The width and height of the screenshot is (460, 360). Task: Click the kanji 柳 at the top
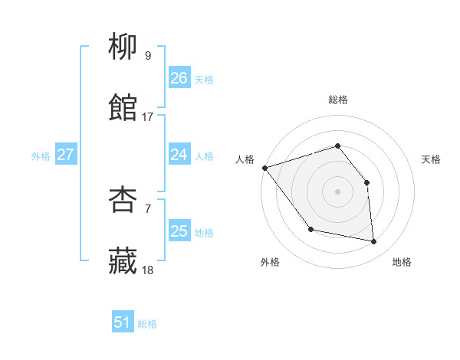click(123, 47)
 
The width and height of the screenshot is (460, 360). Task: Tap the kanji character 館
click(123, 108)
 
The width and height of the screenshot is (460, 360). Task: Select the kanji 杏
click(123, 201)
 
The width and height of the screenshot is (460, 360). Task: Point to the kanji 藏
click(123, 261)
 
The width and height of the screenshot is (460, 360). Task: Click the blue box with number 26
click(179, 78)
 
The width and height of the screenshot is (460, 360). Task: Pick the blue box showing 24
click(179, 155)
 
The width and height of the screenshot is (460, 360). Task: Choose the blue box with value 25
click(179, 231)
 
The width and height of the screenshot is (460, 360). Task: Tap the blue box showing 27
click(65, 155)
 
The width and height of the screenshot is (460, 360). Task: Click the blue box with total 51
click(123, 322)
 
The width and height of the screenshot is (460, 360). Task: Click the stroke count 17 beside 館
click(148, 117)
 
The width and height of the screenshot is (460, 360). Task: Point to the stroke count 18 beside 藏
click(148, 270)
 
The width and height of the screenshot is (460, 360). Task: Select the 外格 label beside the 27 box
click(41, 155)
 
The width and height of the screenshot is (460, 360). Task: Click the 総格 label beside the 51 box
click(147, 323)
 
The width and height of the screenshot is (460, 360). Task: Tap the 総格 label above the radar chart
click(337, 100)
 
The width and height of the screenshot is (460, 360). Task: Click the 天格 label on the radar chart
click(432, 159)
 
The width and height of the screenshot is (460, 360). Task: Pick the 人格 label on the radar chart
click(245, 159)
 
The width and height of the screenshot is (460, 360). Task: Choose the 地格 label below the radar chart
click(402, 262)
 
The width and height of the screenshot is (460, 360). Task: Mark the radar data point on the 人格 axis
click(264, 168)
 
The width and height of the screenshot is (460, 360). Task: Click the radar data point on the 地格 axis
click(373, 241)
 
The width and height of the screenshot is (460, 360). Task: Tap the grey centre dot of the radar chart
click(337, 191)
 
